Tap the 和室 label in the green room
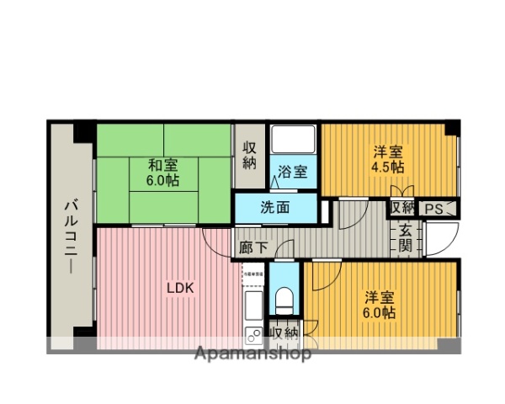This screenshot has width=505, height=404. tap(163, 165)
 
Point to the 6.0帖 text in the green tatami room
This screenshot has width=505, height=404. tap(163, 180)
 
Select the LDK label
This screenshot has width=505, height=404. tap(179, 288)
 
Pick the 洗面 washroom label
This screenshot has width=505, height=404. tap(275, 206)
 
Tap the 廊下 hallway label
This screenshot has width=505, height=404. tap(251, 249)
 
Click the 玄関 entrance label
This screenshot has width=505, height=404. tap(405, 238)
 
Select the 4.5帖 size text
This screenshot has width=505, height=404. tap(389, 167)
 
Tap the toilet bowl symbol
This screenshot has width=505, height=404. tap(284, 298)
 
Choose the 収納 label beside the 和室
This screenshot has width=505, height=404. tap(250, 156)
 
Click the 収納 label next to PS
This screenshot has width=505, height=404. tap(401, 208)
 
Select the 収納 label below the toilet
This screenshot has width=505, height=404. tap(284, 334)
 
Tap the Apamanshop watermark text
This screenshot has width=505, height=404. tap(252, 353)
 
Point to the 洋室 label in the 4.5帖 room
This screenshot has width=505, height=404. tap(388, 152)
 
